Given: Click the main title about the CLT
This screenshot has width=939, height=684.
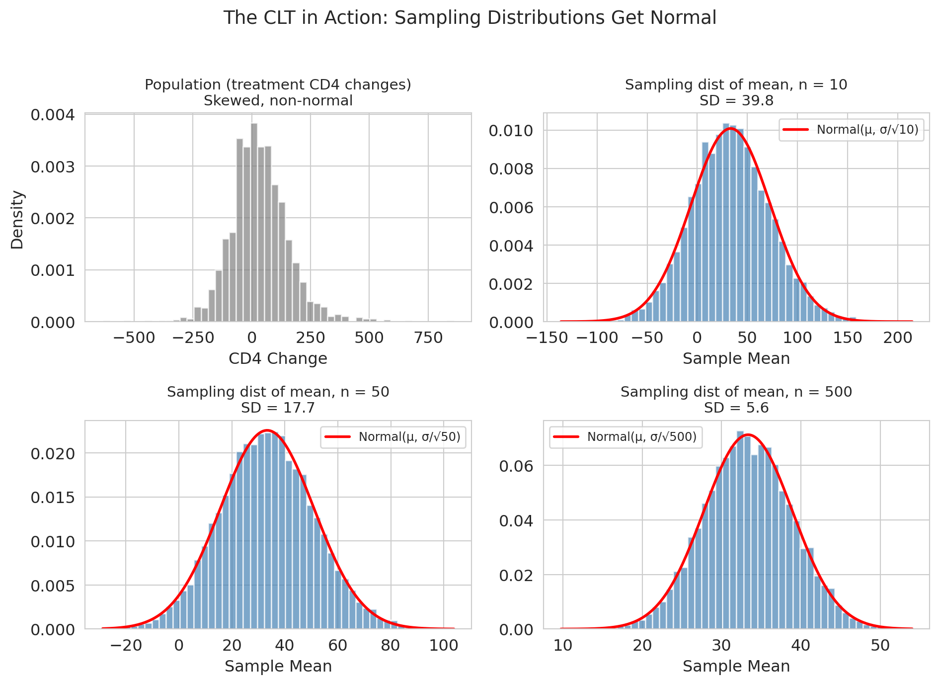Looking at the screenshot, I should click(x=469, y=18).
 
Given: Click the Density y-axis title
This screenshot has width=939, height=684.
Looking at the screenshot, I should click(x=17, y=220).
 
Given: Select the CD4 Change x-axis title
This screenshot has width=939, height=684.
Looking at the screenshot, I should click(x=278, y=358).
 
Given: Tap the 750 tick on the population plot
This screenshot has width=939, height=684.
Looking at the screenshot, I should click(x=428, y=338).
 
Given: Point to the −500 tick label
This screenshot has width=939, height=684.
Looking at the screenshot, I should click(x=134, y=338).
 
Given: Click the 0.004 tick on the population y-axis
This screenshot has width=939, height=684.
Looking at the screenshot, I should click(x=53, y=115).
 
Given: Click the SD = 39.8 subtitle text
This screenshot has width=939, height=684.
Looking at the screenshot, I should click(x=736, y=101).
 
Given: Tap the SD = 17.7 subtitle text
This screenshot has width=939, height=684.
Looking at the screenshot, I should click(x=278, y=408).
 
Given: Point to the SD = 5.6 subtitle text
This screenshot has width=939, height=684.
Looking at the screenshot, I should click(x=736, y=408).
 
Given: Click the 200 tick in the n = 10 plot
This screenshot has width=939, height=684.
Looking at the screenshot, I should click(x=898, y=338).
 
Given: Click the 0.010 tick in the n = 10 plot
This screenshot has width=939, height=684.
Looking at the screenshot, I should click(x=511, y=131).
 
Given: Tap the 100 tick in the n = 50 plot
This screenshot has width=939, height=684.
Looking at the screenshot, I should click(x=444, y=646).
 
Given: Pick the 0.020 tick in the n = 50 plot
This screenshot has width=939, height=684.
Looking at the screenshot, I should click(x=53, y=453).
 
